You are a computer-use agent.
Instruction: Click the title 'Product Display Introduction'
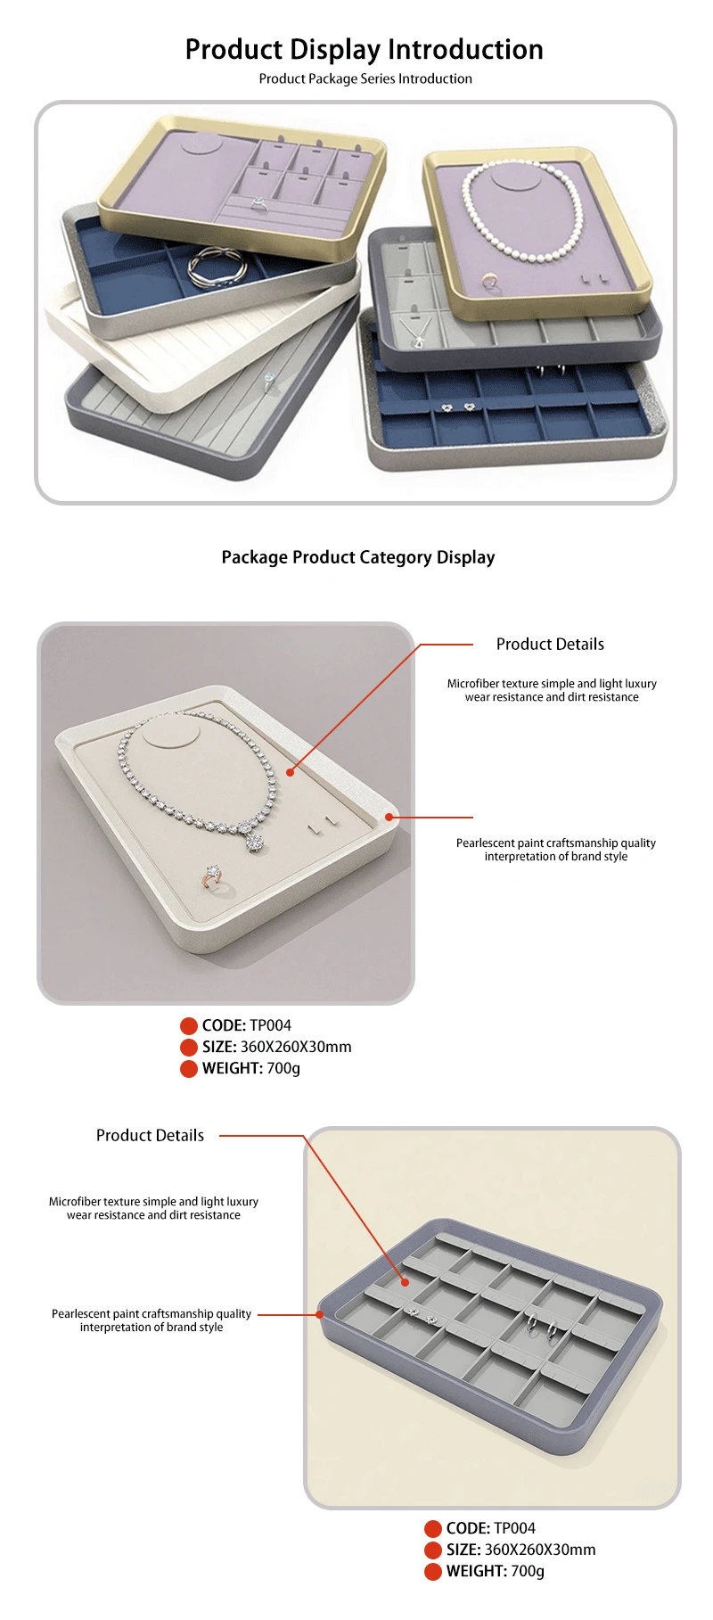364,49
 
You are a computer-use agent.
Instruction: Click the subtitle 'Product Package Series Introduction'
365,78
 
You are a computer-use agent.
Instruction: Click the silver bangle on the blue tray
212,267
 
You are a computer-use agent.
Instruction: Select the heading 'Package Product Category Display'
358,557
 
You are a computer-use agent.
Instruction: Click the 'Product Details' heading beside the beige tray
550,644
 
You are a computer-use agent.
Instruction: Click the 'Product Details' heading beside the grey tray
150,1135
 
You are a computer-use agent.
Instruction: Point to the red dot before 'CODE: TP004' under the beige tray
189,1025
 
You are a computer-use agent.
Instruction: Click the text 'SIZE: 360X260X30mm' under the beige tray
276,1047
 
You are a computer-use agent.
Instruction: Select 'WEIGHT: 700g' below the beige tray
251,1068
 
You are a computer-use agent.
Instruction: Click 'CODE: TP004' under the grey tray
491,1528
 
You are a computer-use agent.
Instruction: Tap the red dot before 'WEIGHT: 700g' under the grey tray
433,1571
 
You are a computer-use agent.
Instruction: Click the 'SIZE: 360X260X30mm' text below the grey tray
520,1550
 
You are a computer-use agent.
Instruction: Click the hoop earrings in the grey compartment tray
543,1327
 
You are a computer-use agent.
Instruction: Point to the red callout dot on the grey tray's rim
320,1314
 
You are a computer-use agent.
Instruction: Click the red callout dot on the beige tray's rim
389,817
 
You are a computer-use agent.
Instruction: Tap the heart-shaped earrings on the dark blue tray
457,407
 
